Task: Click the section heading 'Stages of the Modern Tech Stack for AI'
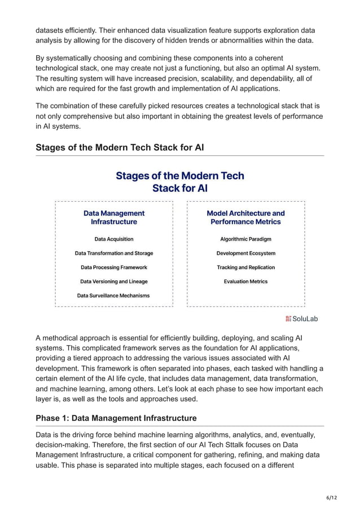point(120,147)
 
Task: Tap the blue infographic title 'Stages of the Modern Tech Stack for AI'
point(180,181)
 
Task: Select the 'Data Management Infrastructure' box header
point(114,217)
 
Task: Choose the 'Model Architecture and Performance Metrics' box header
point(245,217)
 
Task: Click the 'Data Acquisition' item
point(114,239)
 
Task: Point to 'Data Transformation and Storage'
point(114,253)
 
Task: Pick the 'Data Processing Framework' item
point(114,267)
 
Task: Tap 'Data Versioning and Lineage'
point(114,281)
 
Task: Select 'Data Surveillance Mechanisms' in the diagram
point(114,295)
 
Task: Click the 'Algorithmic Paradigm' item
point(245,239)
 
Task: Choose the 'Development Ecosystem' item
point(245,253)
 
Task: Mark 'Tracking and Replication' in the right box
point(245,267)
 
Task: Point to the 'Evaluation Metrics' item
point(245,281)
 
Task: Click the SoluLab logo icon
point(288,319)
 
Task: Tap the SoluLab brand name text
point(305,319)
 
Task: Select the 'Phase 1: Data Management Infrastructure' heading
point(116,418)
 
